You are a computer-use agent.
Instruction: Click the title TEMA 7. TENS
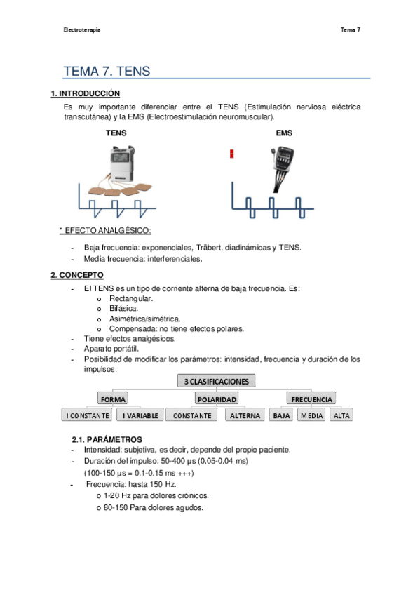point(107,72)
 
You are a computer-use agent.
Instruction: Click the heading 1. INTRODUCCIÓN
point(85,93)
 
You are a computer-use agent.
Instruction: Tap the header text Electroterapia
point(81,30)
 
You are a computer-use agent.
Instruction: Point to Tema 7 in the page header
point(350,30)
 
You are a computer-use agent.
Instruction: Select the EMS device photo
point(284,166)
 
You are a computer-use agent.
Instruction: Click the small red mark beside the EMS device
point(231,154)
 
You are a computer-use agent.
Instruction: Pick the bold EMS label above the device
point(284,133)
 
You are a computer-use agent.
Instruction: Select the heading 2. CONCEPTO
point(77,275)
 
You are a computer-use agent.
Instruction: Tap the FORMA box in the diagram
point(113,399)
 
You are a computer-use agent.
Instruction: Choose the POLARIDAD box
point(216,399)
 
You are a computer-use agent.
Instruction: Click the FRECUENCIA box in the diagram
point(311,399)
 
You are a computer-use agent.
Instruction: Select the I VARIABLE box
point(140,415)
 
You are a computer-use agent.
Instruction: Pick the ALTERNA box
point(245,415)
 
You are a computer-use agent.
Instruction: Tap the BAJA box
point(282,415)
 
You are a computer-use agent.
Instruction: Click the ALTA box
point(341,415)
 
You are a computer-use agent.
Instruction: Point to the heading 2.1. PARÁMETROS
point(107,439)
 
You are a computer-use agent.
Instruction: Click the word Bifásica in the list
point(124,308)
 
